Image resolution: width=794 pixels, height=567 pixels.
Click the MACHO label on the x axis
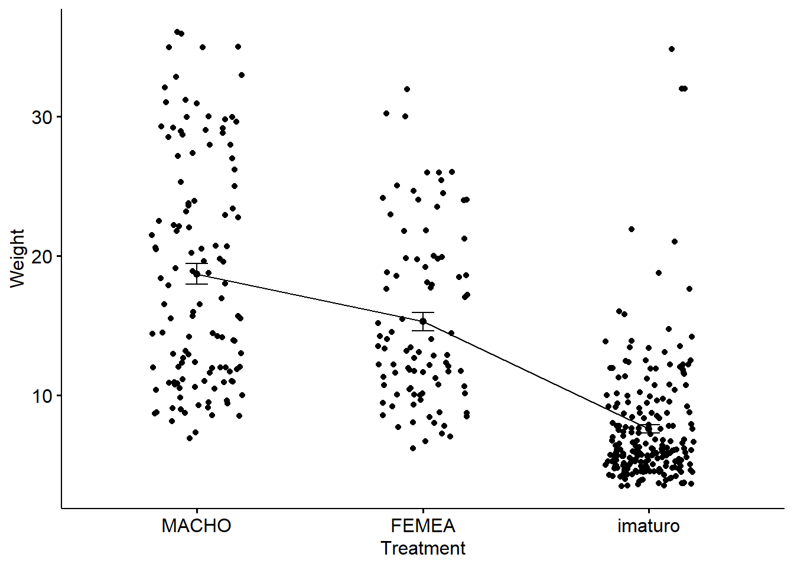(x=196, y=526)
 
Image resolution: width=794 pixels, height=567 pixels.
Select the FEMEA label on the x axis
(x=423, y=526)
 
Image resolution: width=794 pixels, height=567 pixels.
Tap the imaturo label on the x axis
(x=649, y=526)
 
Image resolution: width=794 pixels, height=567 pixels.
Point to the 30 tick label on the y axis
(x=42, y=117)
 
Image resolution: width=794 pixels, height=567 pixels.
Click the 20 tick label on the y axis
(x=42, y=256)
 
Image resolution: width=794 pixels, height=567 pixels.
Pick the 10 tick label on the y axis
(x=42, y=396)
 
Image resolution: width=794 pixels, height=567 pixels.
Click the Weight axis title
(x=18, y=258)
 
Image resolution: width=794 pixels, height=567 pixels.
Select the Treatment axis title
(x=423, y=548)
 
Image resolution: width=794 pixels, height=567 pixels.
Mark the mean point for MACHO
(x=197, y=273)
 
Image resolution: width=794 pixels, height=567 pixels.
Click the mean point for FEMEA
(x=423, y=321)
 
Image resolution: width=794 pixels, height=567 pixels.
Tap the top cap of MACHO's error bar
(x=197, y=263)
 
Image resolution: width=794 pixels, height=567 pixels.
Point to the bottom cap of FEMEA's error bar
(x=423, y=331)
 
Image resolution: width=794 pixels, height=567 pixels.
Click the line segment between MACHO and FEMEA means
(x=310, y=298)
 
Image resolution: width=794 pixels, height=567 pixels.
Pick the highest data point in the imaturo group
(x=672, y=49)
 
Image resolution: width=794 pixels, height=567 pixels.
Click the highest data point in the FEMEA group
(x=407, y=89)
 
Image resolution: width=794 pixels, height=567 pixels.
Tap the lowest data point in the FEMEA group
(x=413, y=448)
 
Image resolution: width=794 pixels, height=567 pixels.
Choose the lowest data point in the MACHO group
(x=190, y=438)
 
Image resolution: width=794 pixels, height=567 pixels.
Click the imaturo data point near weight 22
(x=632, y=229)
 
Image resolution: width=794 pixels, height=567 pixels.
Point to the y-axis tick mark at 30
(x=59, y=117)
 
